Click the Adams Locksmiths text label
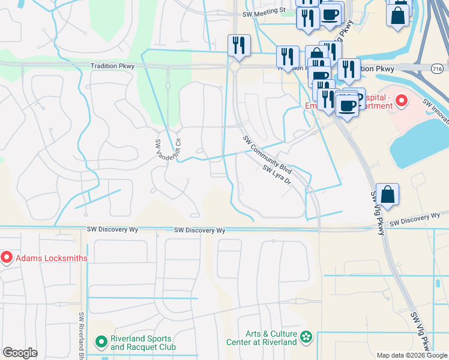pyautogui.click(x=52, y=258)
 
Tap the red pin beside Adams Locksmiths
pyautogui.click(x=7, y=258)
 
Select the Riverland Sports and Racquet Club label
pyautogui.click(x=143, y=343)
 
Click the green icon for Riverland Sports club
pyautogui.click(x=101, y=343)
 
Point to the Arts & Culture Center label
pyautogui.click(x=271, y=338)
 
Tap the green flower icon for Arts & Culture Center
pyautogui.click(x=307, y=337)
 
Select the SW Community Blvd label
pyautogui.click(x=267, y=155)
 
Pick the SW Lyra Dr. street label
pyautogui.click(x=277, y=175)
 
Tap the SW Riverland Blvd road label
pyautogui.click(x=82, y=336)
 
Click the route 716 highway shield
pyautogui.click(x=437, y=68)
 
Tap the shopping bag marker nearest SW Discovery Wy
pyautogui.click(x=388, y=194)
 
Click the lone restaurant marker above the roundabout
pyautogui.click(x=239, y=46)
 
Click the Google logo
pyautogui.click(x=20, y=353)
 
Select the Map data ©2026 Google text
pyautogui.click(x=412, y=355)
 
